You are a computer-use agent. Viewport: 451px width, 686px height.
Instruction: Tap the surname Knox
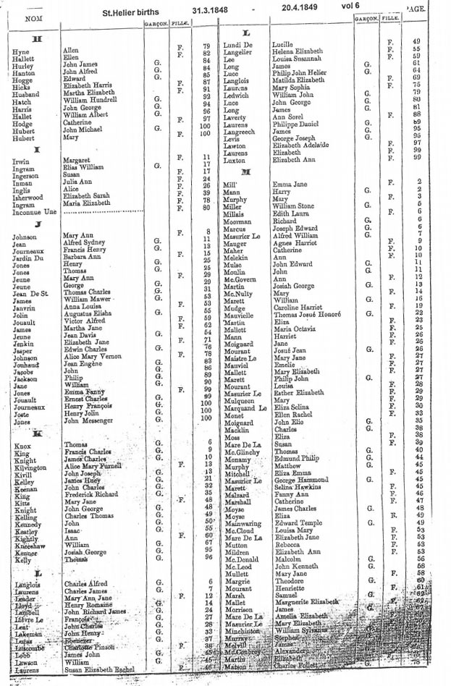22,446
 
